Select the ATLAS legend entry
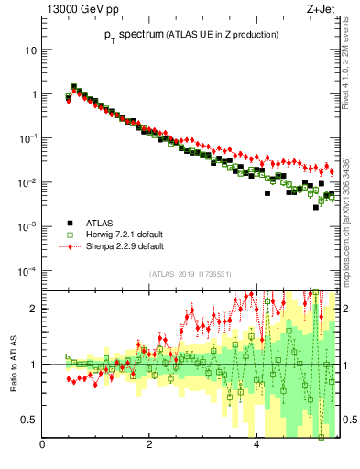tap(98, 223)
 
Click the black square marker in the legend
tap(70, 223)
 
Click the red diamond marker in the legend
tap(70, 246)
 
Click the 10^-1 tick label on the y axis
tap(29, 138)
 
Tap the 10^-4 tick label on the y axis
tap(29, 271)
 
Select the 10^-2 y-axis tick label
tap(29, 182)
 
